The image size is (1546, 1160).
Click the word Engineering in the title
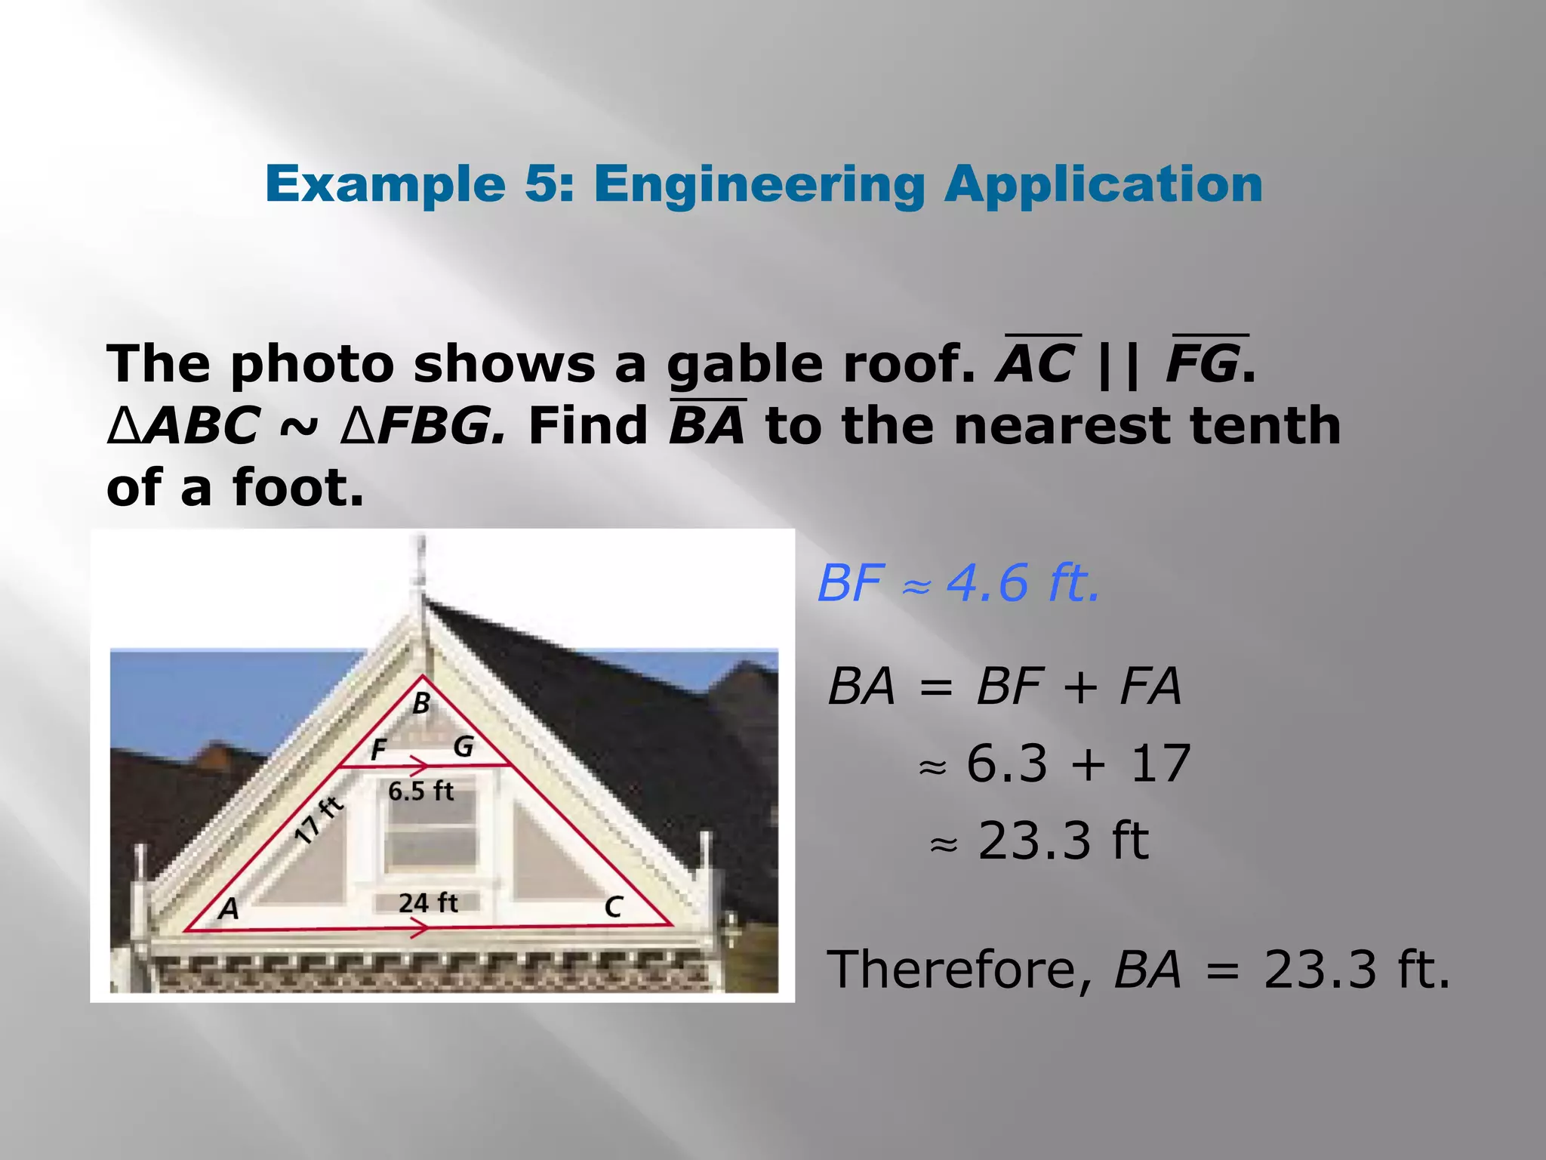(x=759, y=184)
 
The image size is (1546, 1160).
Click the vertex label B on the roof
(x=421, y=703)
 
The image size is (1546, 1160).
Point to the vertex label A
(x=228, y=908)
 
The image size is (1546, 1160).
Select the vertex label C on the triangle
(x=613, y=907)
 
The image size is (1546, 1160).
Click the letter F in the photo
(x=378, y=750)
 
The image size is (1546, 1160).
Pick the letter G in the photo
(x=463, y=747)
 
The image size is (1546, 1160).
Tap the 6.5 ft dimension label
(x=420, y=791)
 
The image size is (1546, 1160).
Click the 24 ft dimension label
(x=428, y=902)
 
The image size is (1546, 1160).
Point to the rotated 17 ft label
(x=319, y=819)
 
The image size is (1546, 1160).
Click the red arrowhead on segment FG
(x=418, y=766)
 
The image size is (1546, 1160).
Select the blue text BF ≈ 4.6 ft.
(x=959, y=584)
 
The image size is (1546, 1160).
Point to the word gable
(x=745, y=365)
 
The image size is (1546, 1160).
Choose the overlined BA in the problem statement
(x=707, y=424)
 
